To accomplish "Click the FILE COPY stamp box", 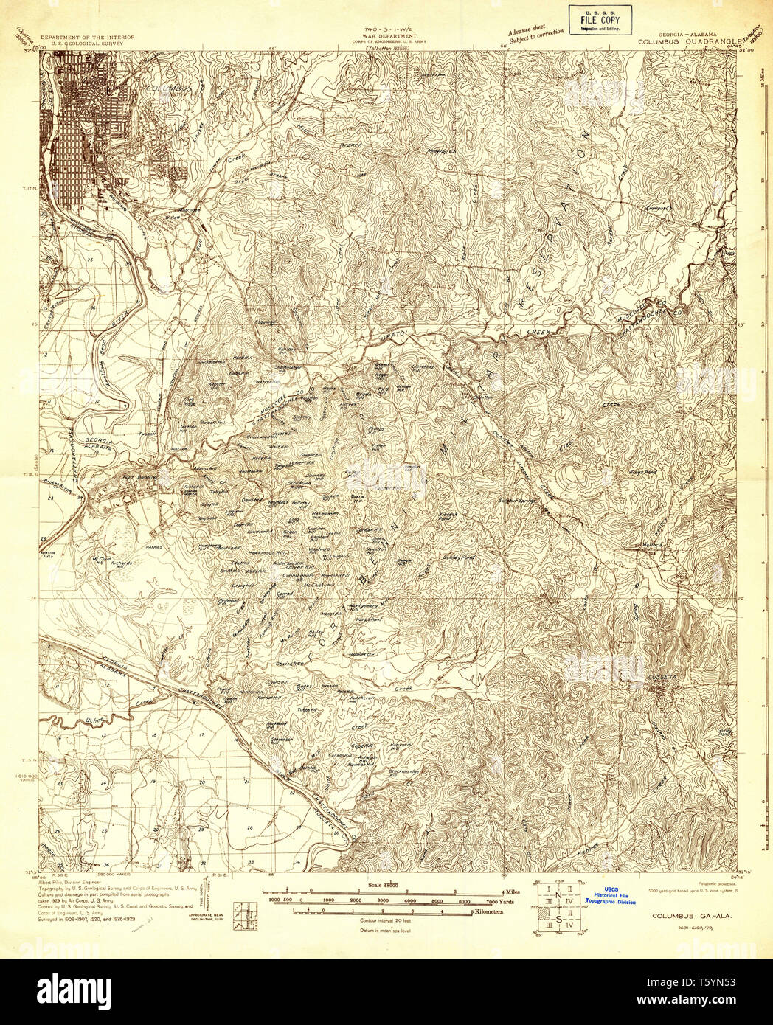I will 600,20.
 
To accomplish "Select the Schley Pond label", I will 457,558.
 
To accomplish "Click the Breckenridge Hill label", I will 404,771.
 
